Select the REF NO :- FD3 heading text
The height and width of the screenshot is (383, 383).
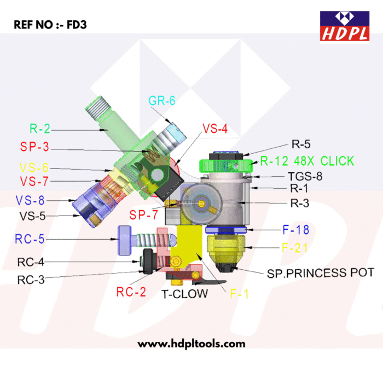coord(50,25)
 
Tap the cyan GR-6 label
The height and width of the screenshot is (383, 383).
coord(162,101)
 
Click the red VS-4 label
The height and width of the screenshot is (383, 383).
coord(215,129)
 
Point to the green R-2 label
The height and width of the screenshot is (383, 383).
coord(40,129)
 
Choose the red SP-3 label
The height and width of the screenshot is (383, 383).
coord(34,147)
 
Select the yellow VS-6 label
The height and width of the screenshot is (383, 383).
coord(34,168)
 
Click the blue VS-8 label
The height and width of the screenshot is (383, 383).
coord(30,200)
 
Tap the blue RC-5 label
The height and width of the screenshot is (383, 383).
coord(30,239)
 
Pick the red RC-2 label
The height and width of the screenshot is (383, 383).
coord(131,292)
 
